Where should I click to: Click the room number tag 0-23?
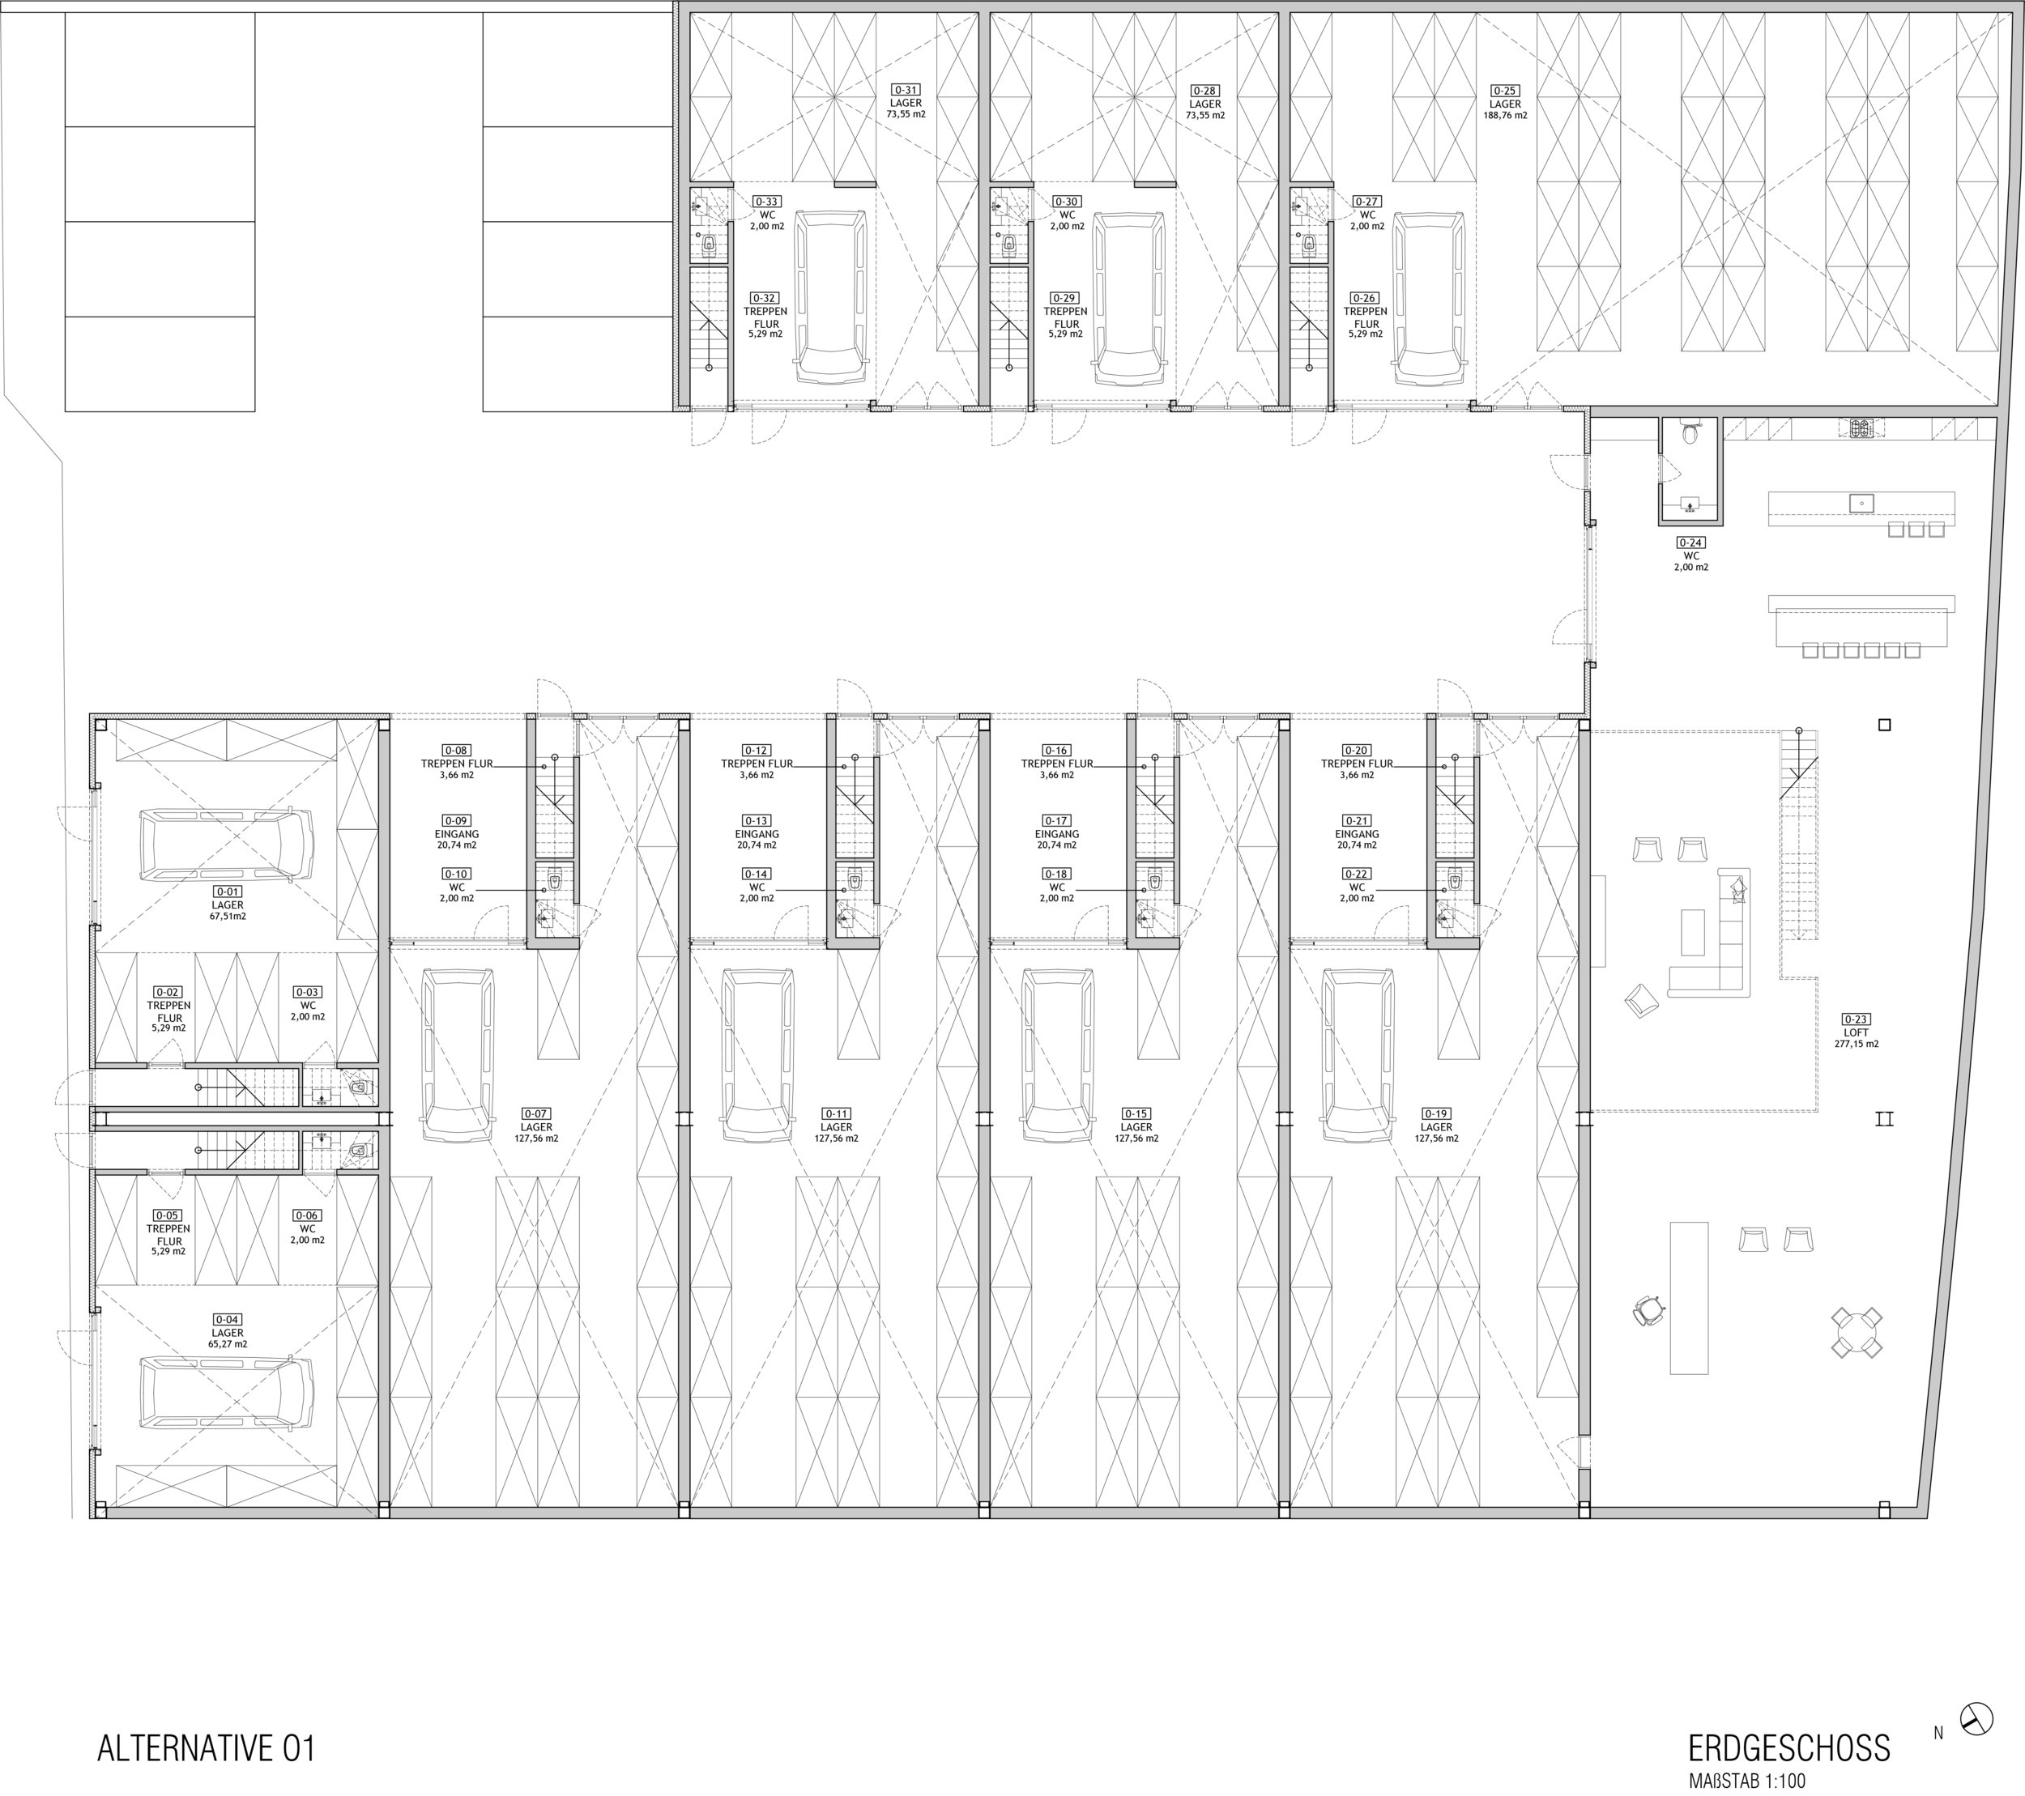click(x=1856, y=1019)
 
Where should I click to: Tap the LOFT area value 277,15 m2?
click(x=1856, y=1044)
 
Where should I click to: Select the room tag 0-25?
click(x=1504, y=90)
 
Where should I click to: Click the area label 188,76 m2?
click(x=1504, y=115)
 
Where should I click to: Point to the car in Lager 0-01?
click(x=226, y=844)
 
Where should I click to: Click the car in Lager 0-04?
click(x=226, y=1391)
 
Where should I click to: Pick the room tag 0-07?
click(x=536, y=1113)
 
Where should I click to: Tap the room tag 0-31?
click(x=906, y=90)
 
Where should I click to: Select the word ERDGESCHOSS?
click(x=1789, y=1747)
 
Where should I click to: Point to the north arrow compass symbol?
click(x=1977, y=1719)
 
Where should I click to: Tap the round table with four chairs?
click(x=1856, y=1332)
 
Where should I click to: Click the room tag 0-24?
click(x=1690, y=543)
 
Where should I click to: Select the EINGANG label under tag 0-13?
click(x=757, y=834)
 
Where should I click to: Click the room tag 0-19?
click(x=1435, y=1113)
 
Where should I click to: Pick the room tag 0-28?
click(x=1204, y=90)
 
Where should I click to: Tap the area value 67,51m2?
click(x=227, y=917)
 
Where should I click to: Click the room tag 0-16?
click(x=1056, y=751)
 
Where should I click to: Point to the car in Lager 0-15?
click(x=1058, y=1055)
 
